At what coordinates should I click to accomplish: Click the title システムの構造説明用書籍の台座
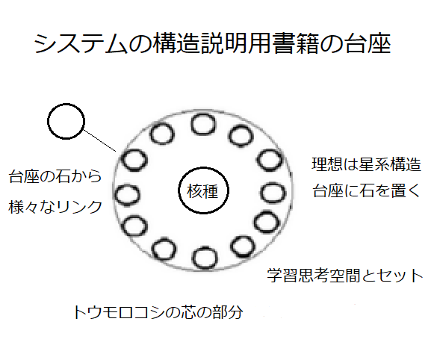(x=212, y=44)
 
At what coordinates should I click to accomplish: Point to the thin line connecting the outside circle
(x=100, y=141)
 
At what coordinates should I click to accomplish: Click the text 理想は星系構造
(x=367, y=164)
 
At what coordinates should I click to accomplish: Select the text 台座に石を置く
(x=367, y=190)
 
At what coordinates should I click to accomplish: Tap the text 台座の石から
(x=55, y=176)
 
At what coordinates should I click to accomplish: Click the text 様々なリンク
(x=55, y=207)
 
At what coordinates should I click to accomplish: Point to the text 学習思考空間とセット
(x=345, y=276)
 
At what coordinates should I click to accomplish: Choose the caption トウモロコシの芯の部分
(x=158, y=312)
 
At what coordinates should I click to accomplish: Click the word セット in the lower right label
(x=400, y=276)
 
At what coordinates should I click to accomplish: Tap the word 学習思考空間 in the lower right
(x=314, y=276)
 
